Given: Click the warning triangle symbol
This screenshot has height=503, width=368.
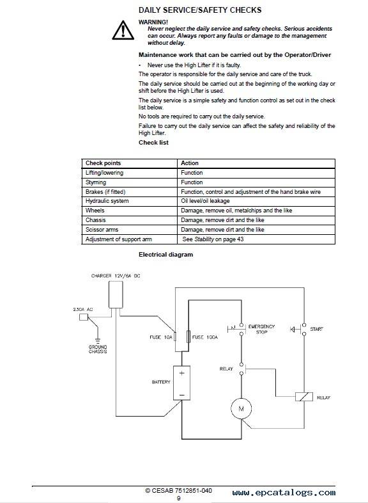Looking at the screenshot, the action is click(123, 31).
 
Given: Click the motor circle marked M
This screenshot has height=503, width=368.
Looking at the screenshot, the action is click(241, 408).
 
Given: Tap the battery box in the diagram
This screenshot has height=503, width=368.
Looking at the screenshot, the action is click(181, 383).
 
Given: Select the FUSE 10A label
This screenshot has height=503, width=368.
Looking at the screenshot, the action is click(161, 337).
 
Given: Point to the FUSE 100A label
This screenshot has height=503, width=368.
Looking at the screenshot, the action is click(205, 337).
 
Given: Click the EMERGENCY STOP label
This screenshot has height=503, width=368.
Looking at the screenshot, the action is click(262, 329).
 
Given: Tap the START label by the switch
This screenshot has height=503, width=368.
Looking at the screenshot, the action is click(316, 329).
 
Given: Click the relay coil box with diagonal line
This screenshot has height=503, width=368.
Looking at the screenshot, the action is click(304, 397).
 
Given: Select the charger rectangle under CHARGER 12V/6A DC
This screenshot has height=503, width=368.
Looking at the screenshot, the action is click(116, 294).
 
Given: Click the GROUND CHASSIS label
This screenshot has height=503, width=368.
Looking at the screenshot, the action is click(98, 349).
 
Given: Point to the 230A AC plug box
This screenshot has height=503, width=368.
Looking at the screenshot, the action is click(84, 317).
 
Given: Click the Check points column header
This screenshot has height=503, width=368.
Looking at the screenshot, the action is click(103, 163).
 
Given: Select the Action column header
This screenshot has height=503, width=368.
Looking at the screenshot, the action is click(190, 163).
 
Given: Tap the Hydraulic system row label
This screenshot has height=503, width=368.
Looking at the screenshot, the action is click(107, 201).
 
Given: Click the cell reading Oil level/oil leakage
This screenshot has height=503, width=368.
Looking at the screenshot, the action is click(205, 201).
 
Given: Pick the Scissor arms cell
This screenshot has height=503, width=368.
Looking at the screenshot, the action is click(102, 230).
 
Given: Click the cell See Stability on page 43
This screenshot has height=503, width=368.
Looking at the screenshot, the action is click(213, 239).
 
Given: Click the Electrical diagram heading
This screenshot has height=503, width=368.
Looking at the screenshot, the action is click(166, 255).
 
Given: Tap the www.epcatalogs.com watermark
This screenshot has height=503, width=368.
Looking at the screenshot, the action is click(284, 492).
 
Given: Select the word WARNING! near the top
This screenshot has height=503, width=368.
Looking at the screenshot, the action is click(153, 22).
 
